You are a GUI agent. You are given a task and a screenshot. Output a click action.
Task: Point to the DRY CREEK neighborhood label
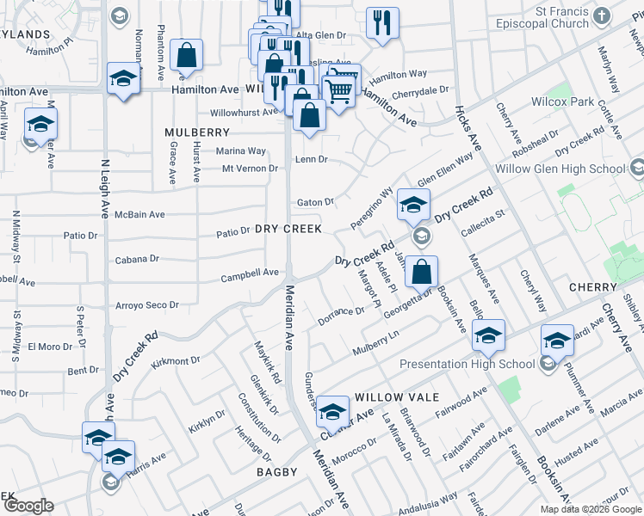tap(288, 229)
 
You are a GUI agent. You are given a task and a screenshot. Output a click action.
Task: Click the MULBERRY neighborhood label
tap(197, 132)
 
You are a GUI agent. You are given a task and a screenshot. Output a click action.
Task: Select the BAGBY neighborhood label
tap(276, 472)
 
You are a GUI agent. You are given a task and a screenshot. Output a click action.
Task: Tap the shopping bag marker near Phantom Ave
tap(186, 57)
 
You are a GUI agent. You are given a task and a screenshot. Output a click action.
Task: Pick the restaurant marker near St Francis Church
tap(381, 23)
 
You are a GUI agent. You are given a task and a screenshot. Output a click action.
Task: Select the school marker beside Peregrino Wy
tap(413, 205)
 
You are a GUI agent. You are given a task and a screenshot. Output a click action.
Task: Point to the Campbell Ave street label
tap(251, 273)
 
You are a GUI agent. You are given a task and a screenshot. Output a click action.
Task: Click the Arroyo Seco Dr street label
tap(147, 305)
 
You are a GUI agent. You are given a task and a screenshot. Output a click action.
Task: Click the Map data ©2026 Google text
tap(591, 509)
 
